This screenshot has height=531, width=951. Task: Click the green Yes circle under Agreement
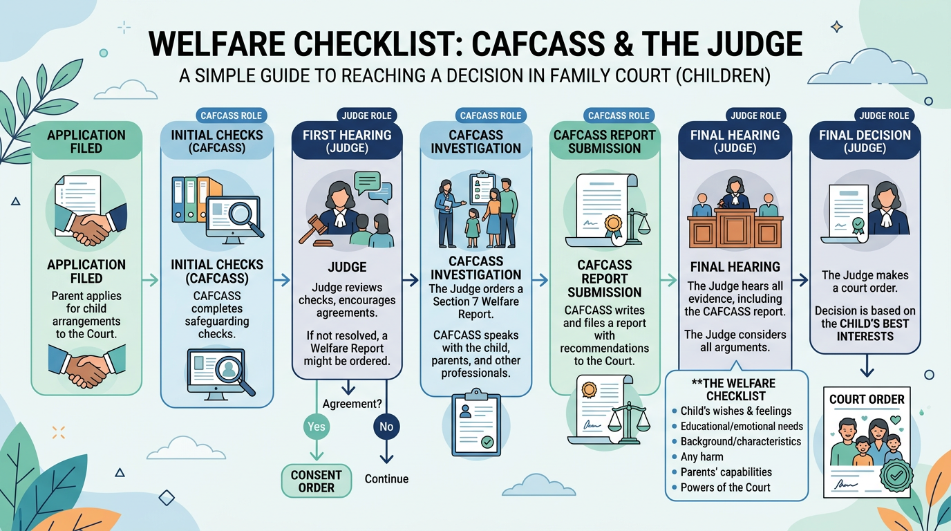click(316, 427)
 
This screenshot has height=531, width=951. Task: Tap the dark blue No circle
click(386, 427)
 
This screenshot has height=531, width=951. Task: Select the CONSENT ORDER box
click(317, 481)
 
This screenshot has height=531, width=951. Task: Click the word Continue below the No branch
click(386, 478)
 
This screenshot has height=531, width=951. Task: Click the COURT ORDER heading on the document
click(867, 399)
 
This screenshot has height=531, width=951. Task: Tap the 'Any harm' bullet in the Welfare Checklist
click(702, 456)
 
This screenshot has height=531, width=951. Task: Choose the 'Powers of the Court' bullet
click(725, 487)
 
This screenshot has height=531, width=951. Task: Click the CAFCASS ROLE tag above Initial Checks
click(231, 115)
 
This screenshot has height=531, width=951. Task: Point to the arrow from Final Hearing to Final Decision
click(800, 280)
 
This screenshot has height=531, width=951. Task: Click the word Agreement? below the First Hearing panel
click(352, 404)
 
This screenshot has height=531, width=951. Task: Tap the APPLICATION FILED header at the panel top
click(86, 141)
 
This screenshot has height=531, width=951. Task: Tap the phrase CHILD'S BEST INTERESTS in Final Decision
click(865, 330)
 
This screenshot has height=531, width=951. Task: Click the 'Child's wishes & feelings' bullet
click(735, 411)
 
